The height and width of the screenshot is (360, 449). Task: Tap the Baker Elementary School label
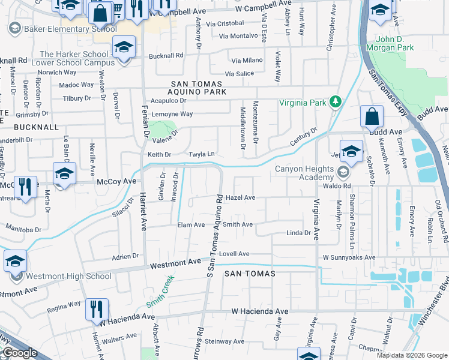coord(70,29)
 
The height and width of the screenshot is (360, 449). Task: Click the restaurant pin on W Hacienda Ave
coord(97,309)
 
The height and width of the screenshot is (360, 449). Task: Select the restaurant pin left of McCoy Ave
coord(25,186)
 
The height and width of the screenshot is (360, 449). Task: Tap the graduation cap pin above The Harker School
coord(124,47)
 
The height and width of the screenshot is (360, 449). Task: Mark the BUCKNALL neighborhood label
coord(36,128)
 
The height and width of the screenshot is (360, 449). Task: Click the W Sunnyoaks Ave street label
coord(349,257)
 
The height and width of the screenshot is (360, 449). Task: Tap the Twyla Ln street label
coord(202,154)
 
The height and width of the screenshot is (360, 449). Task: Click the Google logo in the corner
coord(20,353)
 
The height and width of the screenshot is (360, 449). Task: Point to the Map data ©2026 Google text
coord(411,355)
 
